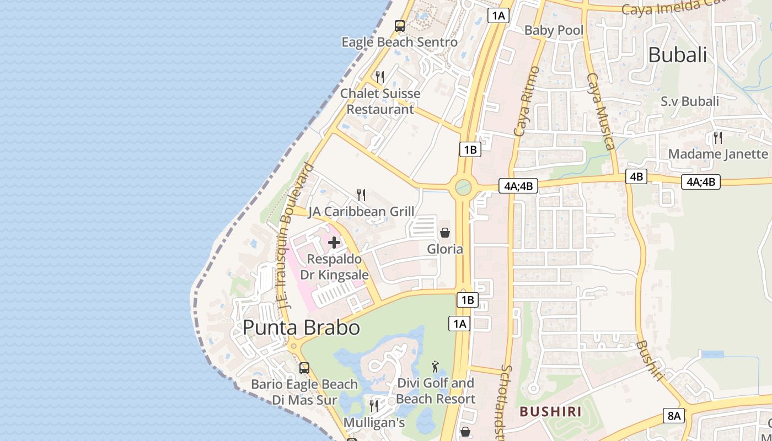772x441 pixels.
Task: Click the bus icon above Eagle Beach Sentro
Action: (400, 26)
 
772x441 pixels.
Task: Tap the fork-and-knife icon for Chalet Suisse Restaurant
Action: (380, 77)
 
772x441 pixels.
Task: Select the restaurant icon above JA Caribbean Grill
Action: (361, 195)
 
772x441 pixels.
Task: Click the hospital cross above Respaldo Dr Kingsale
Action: (334, 243)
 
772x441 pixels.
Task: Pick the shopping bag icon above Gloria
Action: (445, 233)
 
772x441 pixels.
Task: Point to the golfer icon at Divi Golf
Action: (436, 366)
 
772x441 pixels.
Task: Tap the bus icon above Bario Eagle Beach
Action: (304, 368)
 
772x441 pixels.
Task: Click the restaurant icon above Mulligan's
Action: (374, 406)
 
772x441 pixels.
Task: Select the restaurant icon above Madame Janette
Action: (718, 137)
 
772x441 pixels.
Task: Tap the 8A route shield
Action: (674, 416)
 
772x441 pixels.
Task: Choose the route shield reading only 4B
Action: (636, 176)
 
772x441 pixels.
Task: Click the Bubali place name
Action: (677, 55)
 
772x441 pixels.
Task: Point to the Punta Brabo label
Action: (301, 327)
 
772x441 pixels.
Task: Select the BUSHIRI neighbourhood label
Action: (550, 411)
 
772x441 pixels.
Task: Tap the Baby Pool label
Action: (554, 30)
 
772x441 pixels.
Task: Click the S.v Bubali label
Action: (690, 101)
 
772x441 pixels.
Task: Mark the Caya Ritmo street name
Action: (527, 101)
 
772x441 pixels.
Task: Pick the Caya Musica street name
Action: (601, 111)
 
